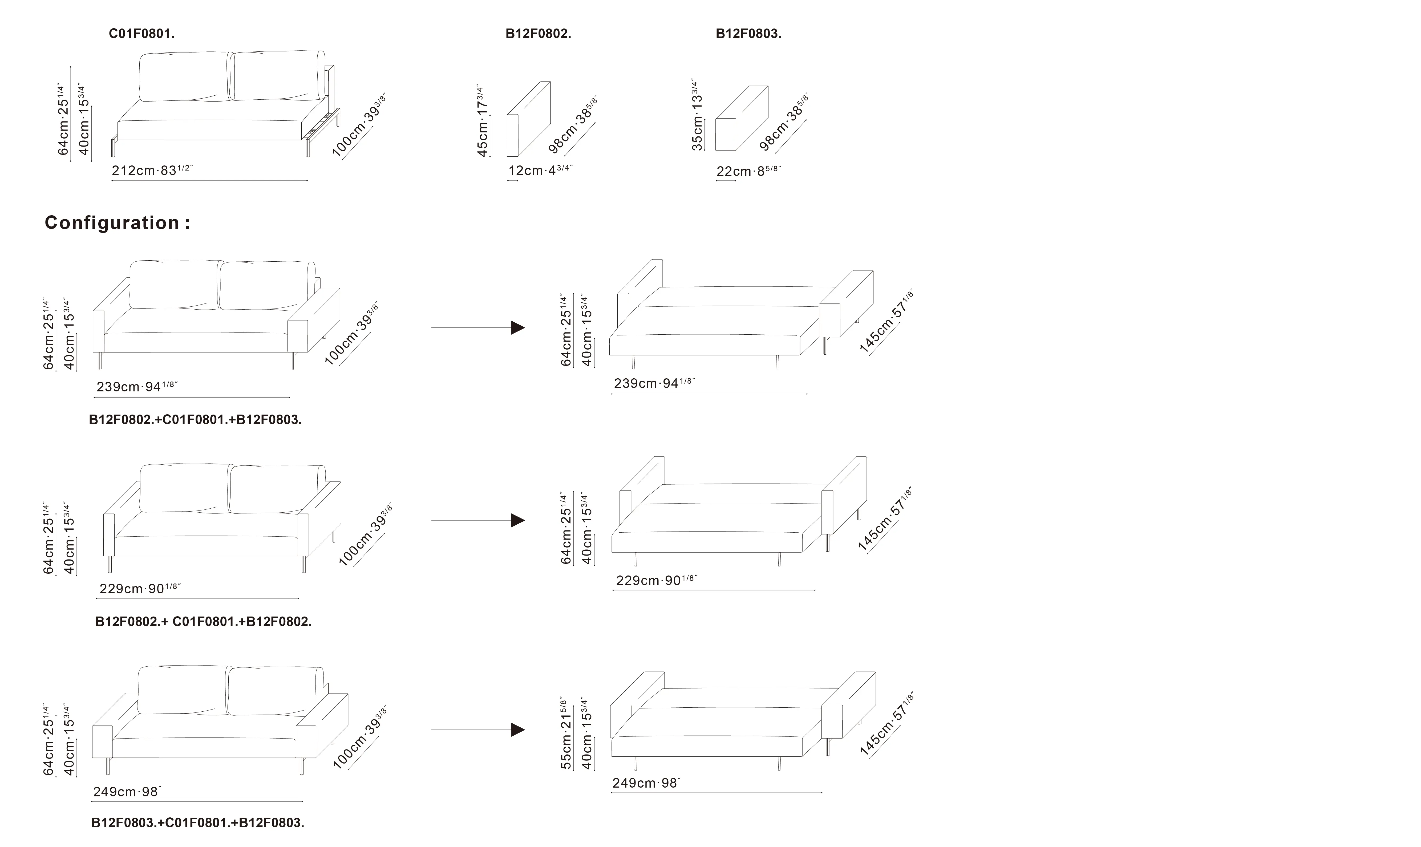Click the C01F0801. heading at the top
tap(141, 34)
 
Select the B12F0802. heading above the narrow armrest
tap(538, 34)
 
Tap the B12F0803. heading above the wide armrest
tap(748, 34)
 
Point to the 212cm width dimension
tap(152, 170)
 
